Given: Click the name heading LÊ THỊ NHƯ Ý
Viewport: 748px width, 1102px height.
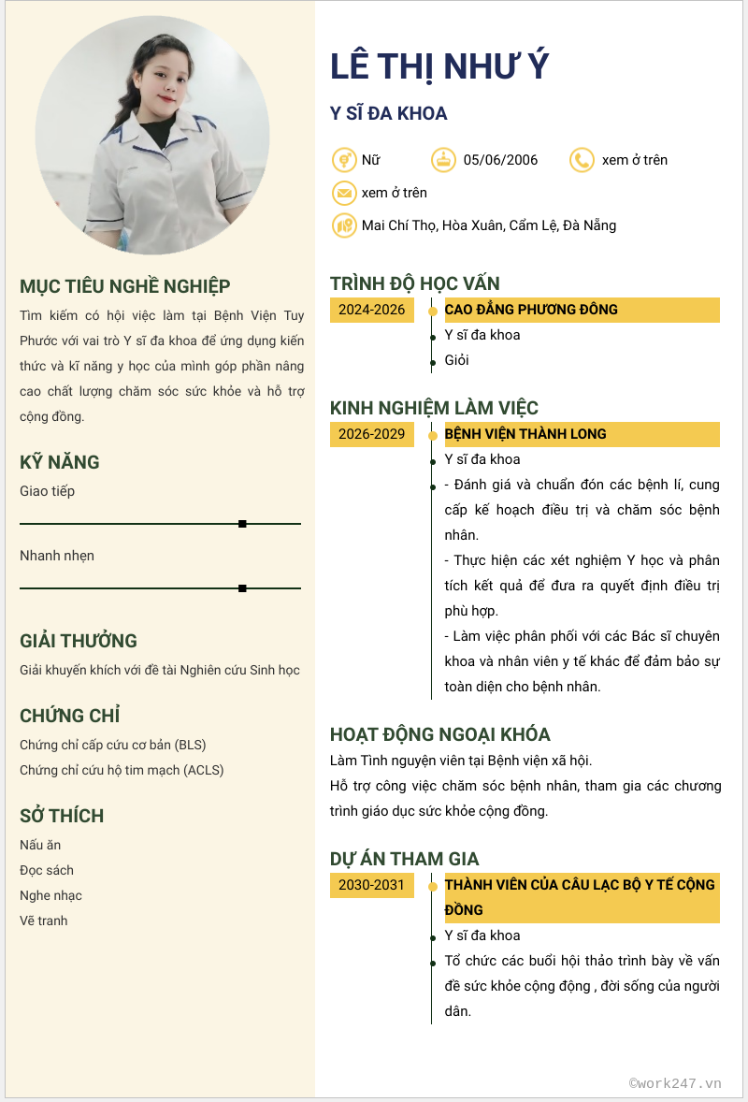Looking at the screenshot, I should click(439, 66).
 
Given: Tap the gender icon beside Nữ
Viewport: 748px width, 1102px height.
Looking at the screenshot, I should click(344, 160).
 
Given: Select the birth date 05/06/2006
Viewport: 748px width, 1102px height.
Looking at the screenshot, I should click(500, 160).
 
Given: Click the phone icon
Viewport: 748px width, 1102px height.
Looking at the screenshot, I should click(582, 160).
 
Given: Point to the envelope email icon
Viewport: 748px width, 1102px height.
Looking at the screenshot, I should click(344, 193).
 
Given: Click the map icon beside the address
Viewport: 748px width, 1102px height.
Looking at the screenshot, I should click(344, 225).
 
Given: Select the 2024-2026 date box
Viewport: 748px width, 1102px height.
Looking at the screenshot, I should click(372, 310).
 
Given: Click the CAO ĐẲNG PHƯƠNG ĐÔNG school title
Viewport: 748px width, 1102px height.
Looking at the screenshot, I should click(531, 310).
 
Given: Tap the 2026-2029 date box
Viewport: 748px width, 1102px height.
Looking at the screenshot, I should click(372, 434).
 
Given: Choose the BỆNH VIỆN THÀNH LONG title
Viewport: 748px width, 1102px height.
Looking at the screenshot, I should click(525, 434).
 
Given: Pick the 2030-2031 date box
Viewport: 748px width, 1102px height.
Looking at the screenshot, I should click(372, 885).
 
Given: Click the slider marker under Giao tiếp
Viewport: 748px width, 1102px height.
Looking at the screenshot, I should click(242, 524).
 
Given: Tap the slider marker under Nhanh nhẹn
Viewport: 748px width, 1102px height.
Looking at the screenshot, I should click(242, 588).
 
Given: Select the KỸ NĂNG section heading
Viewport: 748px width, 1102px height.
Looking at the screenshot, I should click(60, 462).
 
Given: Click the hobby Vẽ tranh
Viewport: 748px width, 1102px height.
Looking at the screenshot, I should click(44, 921).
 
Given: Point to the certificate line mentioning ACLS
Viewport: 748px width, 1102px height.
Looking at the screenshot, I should click(122, 770).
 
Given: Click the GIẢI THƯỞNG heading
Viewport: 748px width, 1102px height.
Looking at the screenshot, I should click(79, 641).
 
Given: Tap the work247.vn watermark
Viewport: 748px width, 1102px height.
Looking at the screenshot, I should click(675, 1083).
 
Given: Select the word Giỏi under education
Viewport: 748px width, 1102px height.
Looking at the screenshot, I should click(457, 360).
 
